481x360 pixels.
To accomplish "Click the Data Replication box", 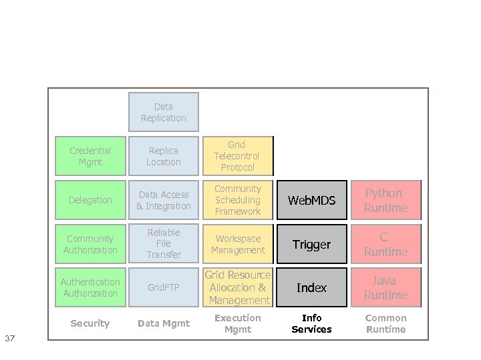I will point(164,112).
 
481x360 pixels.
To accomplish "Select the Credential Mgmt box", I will point(90,156).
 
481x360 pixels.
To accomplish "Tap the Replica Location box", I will point(164,156).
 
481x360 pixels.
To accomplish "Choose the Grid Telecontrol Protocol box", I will point(237,156).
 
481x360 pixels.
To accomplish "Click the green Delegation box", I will point(90,200).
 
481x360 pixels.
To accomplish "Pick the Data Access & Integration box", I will point(164,200).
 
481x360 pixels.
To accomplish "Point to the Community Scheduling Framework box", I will point(237,200).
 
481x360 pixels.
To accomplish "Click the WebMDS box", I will point(312,200).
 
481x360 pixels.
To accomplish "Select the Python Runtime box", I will point(385,200).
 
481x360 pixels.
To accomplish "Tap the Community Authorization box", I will point(90,244).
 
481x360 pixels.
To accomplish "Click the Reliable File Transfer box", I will point(164,244).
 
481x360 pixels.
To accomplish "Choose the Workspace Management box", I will point(237,244).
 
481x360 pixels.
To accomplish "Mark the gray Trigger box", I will point(312,244).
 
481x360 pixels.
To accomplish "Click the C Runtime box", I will point(385,244).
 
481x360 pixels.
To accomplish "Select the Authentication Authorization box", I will point(90,287).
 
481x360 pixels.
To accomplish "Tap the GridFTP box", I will point(164,287).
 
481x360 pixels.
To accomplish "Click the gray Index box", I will point(312,287).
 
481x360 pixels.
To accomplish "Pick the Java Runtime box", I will point(385,287).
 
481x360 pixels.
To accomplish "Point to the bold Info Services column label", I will point(312,323).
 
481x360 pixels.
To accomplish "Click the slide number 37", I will point(10,339).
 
